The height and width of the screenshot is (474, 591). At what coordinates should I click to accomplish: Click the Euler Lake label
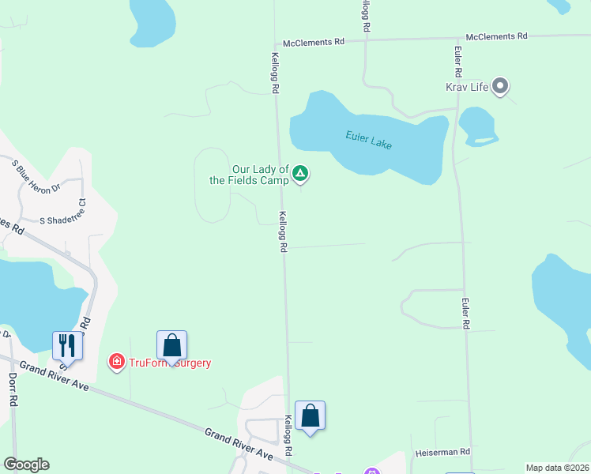(x=369, y=140)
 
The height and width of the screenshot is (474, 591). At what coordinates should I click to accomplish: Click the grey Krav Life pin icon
(x=500, y=85)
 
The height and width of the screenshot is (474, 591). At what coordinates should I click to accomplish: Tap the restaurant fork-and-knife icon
(x=66, y=345)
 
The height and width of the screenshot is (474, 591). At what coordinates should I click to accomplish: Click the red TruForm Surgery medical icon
(x=116, y=362)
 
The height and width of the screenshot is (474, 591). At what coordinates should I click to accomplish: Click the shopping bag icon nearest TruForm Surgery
(x=171, y=345)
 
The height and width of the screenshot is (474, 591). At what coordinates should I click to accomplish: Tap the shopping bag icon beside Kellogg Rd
(x=310, y=416)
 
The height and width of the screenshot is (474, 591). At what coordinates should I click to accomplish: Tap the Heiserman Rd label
(x=443, y=453)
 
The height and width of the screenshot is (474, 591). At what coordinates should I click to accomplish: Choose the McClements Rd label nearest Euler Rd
(x=496, y=36)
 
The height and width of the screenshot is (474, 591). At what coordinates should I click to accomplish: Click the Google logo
(x=26, y=465)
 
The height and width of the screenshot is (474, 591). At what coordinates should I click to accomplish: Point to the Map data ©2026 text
(x=556, y=468)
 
